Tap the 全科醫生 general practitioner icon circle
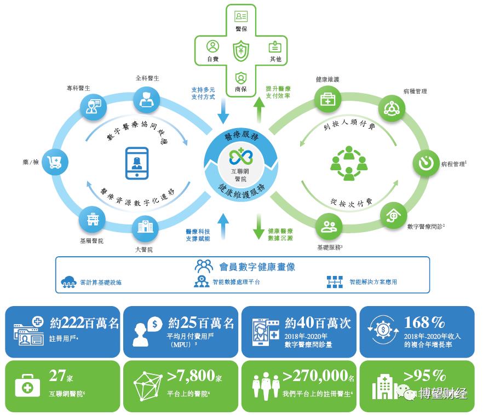coord(147,97)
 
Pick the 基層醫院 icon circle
coord(91,218)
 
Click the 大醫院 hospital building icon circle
coord(145,226)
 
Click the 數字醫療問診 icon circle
coord(394,215)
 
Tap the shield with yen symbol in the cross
coord(241,52)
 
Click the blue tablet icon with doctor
coord(137,163)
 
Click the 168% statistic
coord(424,322)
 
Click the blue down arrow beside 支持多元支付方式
coord(222,112)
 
